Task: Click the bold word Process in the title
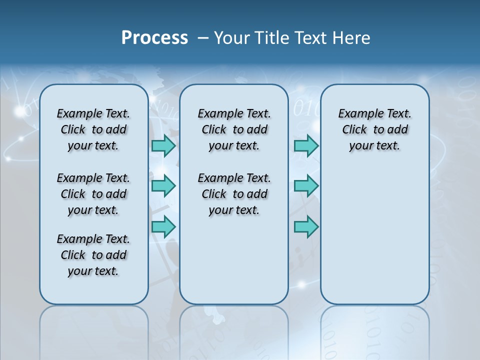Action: pos(154,38)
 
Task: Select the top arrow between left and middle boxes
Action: pos(163,146)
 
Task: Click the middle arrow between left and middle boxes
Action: pos(163,186)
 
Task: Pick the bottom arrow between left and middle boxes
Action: pos(163,226)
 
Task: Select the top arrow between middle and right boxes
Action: pos(306,146)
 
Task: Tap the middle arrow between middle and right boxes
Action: pos(306,186)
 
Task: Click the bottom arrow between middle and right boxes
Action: pos(306,226)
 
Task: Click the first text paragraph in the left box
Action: pos(93,129)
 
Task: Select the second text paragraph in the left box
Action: pos(93,194)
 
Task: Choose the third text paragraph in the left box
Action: pos(93,255)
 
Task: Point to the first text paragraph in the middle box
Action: pos(234,129)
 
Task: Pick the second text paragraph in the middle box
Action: pos(234,194)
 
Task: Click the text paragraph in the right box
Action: pos(374,129)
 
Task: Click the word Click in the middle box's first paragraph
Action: pos(214,130)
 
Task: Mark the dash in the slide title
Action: pos(203,38)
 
